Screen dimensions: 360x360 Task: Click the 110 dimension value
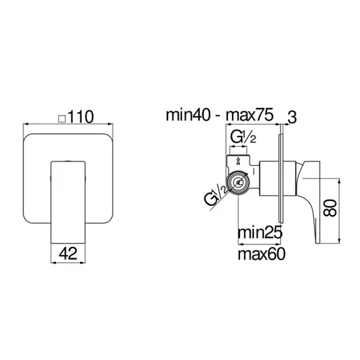coord(81,117)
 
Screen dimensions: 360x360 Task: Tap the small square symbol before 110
coord(62,119)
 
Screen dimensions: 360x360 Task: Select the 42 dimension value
coord(68,254)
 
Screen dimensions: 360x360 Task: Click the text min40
coord(188,115)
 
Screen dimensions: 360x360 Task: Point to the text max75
coord(250,115)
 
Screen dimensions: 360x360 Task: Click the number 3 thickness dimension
coord(292,117)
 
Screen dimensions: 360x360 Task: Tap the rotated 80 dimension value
coord(330,208)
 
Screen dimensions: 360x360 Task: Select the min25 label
coord(260,232)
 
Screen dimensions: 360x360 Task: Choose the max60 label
coord(261,254)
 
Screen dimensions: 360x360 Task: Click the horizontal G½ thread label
coord(243,138)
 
